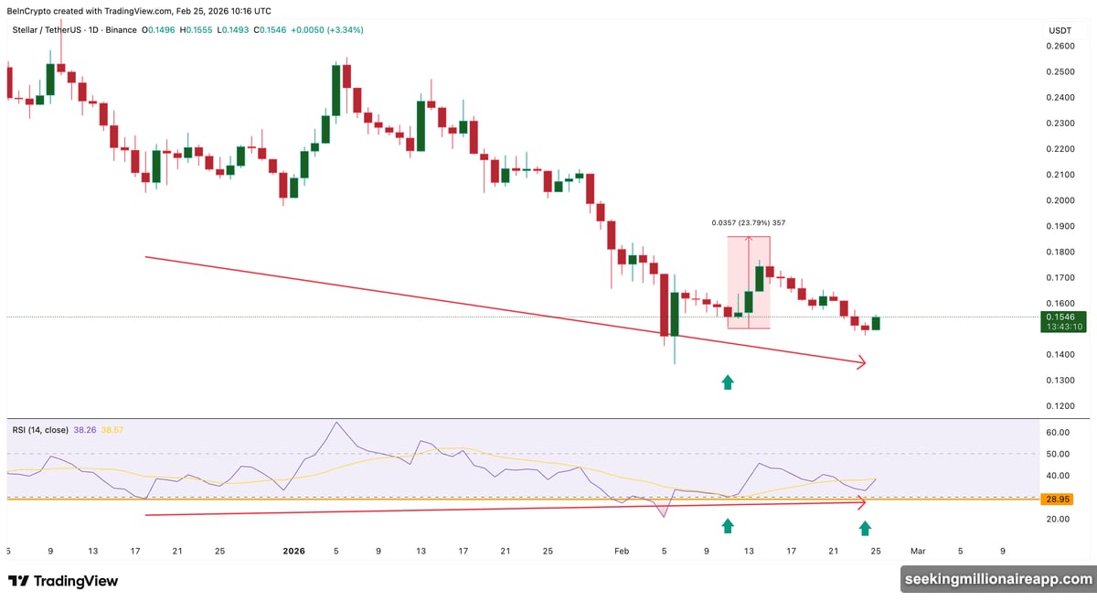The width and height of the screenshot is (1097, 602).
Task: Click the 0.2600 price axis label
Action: pos(1060,45)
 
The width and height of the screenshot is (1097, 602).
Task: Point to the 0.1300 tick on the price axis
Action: pos(1060,380)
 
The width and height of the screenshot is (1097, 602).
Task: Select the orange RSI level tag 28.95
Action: pos(1059,500)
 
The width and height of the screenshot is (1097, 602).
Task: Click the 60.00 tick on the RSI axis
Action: pos(1059,432)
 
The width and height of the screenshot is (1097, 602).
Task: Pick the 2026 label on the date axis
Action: pos(293,551)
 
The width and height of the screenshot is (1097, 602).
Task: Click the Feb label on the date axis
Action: pos(622,551)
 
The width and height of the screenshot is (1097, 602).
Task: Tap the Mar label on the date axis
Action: pos(917,551)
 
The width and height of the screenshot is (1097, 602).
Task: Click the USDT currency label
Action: pos(1060,30)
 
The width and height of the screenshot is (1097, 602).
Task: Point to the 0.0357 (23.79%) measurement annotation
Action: pos(749,222)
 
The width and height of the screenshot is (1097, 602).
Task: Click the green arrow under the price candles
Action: pos(728,382)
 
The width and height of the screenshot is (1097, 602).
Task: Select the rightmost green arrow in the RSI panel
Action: pos(865,527)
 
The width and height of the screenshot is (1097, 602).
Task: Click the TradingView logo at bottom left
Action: pos(63,581)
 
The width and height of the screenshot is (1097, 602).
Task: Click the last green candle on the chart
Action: pos(875,323)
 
